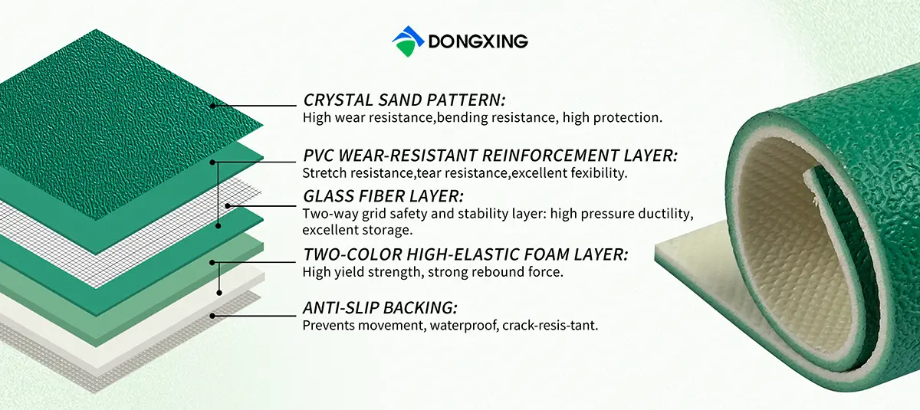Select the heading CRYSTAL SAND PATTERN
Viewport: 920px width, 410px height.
[x=404, y=100]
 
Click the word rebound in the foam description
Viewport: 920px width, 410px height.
[x=506, y=271]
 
